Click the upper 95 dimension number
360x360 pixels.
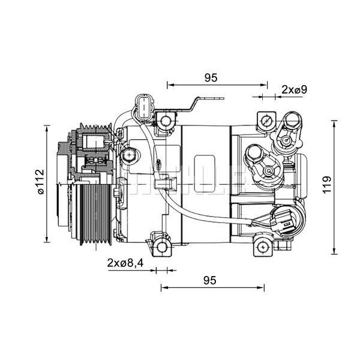210,77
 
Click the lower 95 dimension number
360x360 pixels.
209,280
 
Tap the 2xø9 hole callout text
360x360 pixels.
294,89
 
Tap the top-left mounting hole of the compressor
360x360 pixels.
166,122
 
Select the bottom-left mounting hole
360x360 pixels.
161,246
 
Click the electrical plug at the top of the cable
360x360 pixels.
145,106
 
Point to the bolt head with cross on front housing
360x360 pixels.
128,157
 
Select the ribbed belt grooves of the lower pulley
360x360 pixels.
93,213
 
